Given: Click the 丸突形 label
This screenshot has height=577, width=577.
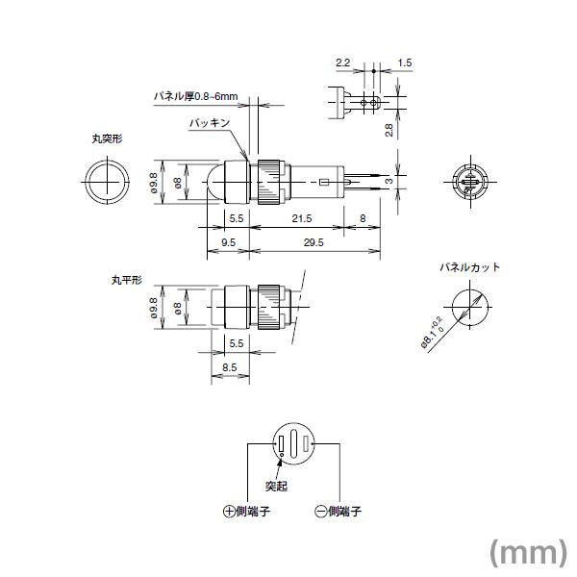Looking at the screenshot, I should pos(107,138).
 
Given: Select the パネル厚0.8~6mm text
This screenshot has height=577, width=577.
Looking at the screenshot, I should pos(195,97).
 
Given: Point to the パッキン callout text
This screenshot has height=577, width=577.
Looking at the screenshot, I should pos(209,124).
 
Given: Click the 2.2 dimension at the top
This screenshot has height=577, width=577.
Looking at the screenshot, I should pos(342,63).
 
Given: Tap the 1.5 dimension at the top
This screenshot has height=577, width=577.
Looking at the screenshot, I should pos(404,63).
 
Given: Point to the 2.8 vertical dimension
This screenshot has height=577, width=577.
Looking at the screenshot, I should pos(389,130).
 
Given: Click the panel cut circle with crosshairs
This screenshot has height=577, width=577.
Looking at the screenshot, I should pos(466,310).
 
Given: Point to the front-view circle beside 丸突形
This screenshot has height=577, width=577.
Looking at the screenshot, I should pos(105,182).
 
